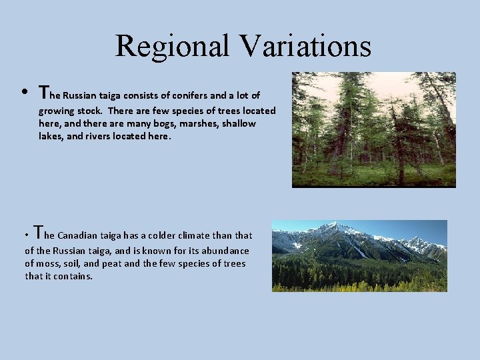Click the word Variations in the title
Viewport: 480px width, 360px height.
[x=307, y=46]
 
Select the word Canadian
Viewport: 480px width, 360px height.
[x=79, y=235]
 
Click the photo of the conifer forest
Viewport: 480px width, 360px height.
[x=373, y=129]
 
